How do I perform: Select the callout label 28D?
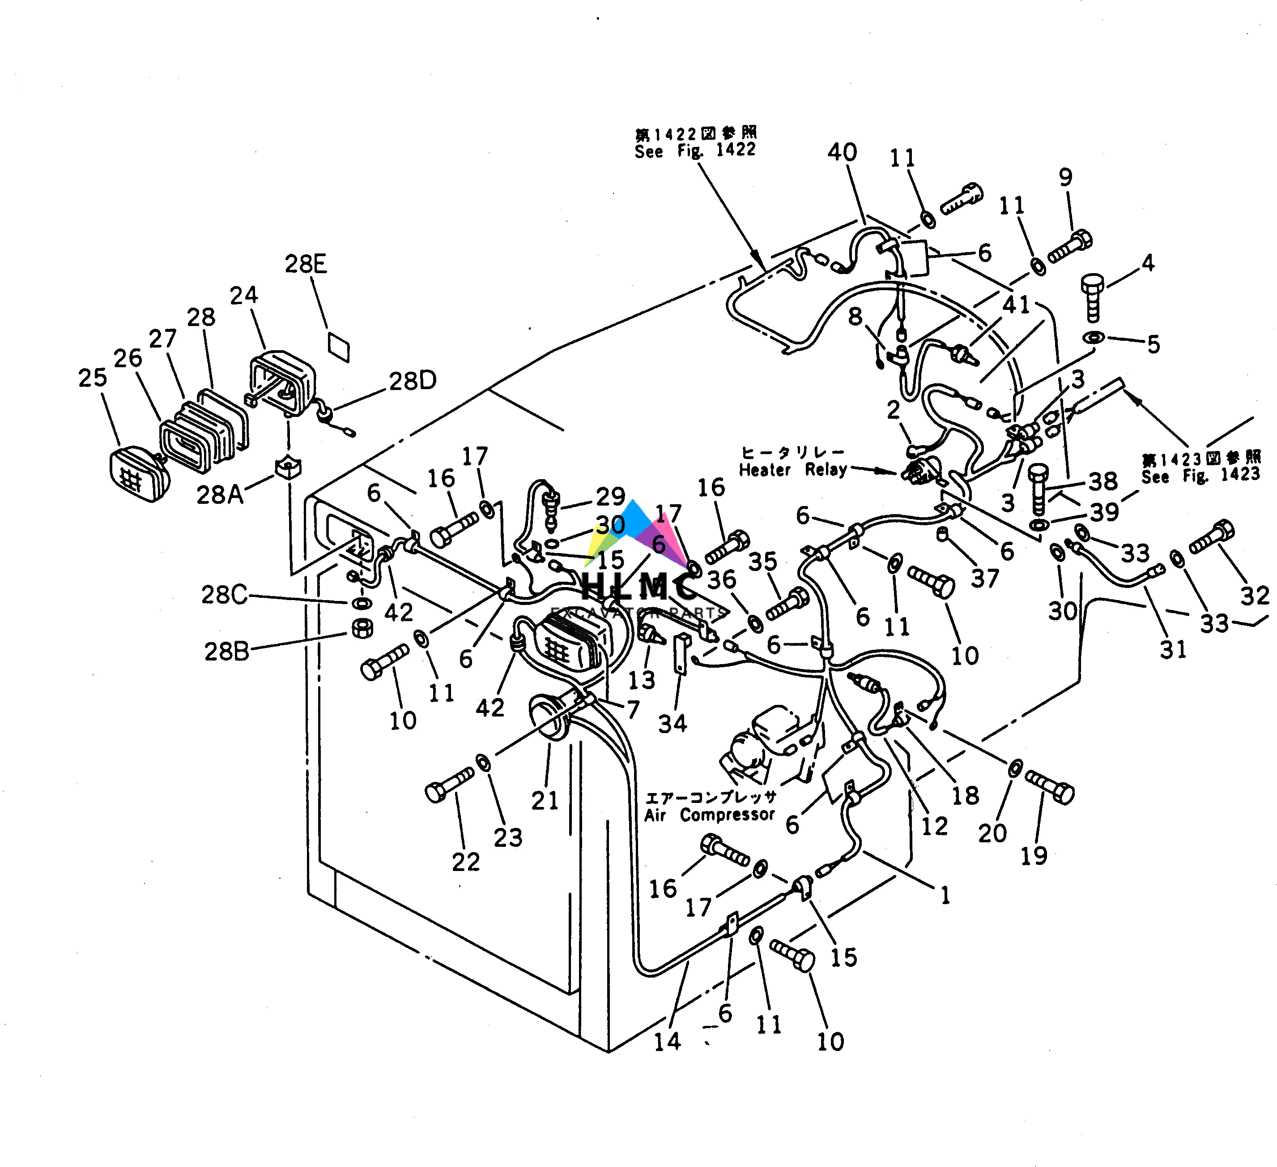(413, 381)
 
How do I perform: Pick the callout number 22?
(466, 862)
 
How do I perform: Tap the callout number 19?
(1034, 856)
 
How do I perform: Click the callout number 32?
(1255, 596)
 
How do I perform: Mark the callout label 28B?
(226, 651)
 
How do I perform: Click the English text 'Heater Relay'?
(792, 470)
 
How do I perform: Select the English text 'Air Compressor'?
(710, 815)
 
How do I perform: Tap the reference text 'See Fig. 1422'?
(695, 150)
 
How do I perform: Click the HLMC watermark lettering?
(640, 588)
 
